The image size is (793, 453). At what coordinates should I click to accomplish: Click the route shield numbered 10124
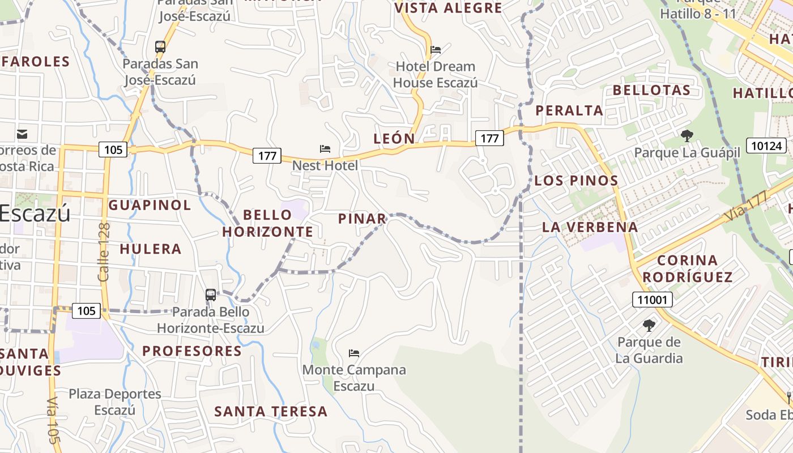[x=766, y=146]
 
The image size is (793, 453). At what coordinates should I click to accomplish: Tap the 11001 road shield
[x=652, y=299]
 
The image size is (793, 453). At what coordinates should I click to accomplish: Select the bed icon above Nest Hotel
[x=325, y=149]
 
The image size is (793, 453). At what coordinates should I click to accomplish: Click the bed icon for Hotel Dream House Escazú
[x=436, y=50]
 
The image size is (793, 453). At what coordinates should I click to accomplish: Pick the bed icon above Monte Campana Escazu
[x=354, y=353]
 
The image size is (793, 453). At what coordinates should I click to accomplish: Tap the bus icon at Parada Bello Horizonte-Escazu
[x=211, y=294]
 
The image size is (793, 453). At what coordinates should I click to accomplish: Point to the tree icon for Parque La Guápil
[x=687, y=136]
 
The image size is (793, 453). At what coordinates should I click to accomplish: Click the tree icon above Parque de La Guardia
[x=649, y=326]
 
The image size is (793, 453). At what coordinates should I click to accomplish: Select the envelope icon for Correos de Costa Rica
[x=22, y=134]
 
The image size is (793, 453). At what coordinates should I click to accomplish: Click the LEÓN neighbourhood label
[x=394, y=138]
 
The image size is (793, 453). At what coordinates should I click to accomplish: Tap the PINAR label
[x=363, y=219]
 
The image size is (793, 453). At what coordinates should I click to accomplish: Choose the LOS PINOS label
[x=576, y=181]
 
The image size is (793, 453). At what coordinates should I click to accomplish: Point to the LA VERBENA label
[x=590, y=227]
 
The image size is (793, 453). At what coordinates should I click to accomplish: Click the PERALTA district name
[x=569, y=110]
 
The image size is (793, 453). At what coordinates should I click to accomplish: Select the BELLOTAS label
[x=651, y=90]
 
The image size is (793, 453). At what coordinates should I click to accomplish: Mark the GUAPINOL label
[x=150, y=205]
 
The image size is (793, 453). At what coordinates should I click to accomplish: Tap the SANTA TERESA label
[x=271, y=412]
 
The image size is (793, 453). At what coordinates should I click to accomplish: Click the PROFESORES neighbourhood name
[x=192, y=351]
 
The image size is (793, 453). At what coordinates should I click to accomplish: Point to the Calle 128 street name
[x=104, y=252]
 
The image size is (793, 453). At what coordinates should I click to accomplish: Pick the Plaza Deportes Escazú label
[x=115, y=401]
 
